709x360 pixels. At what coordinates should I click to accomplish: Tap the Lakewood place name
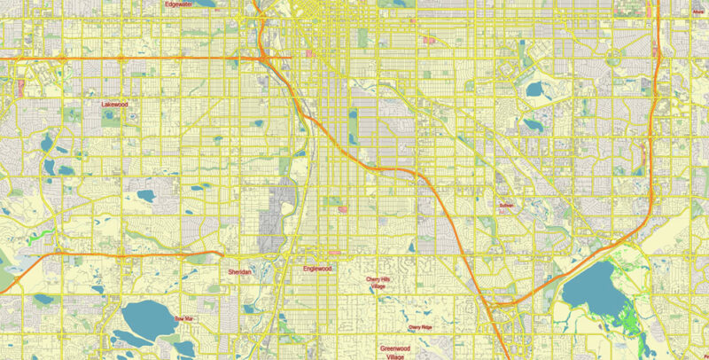pyautogui.click(x=114, y=104)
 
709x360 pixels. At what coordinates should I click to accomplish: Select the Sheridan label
pyautogui.click(x=240, y=271)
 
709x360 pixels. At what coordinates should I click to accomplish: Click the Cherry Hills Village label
pyautogui.click(x=384, y=283)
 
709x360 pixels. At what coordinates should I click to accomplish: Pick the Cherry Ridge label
pyautogui.click(x=420, y=328)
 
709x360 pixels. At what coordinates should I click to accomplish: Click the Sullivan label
pyautogui.click(x=506, y=205)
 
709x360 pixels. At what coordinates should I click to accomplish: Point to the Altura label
pyautogui.click(x=699, y=3)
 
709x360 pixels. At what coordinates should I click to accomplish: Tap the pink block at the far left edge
pyautogui.click(x=19, y=88)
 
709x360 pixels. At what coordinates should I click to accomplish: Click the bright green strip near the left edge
pyautogui.click(x=35, y=236)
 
